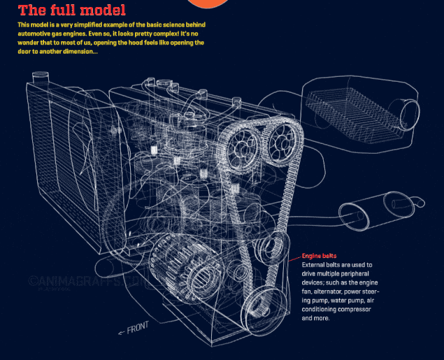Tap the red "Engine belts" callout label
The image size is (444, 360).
[319, 257]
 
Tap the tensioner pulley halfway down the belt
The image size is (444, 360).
[271, 247]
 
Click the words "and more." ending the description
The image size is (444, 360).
[315, 318]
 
